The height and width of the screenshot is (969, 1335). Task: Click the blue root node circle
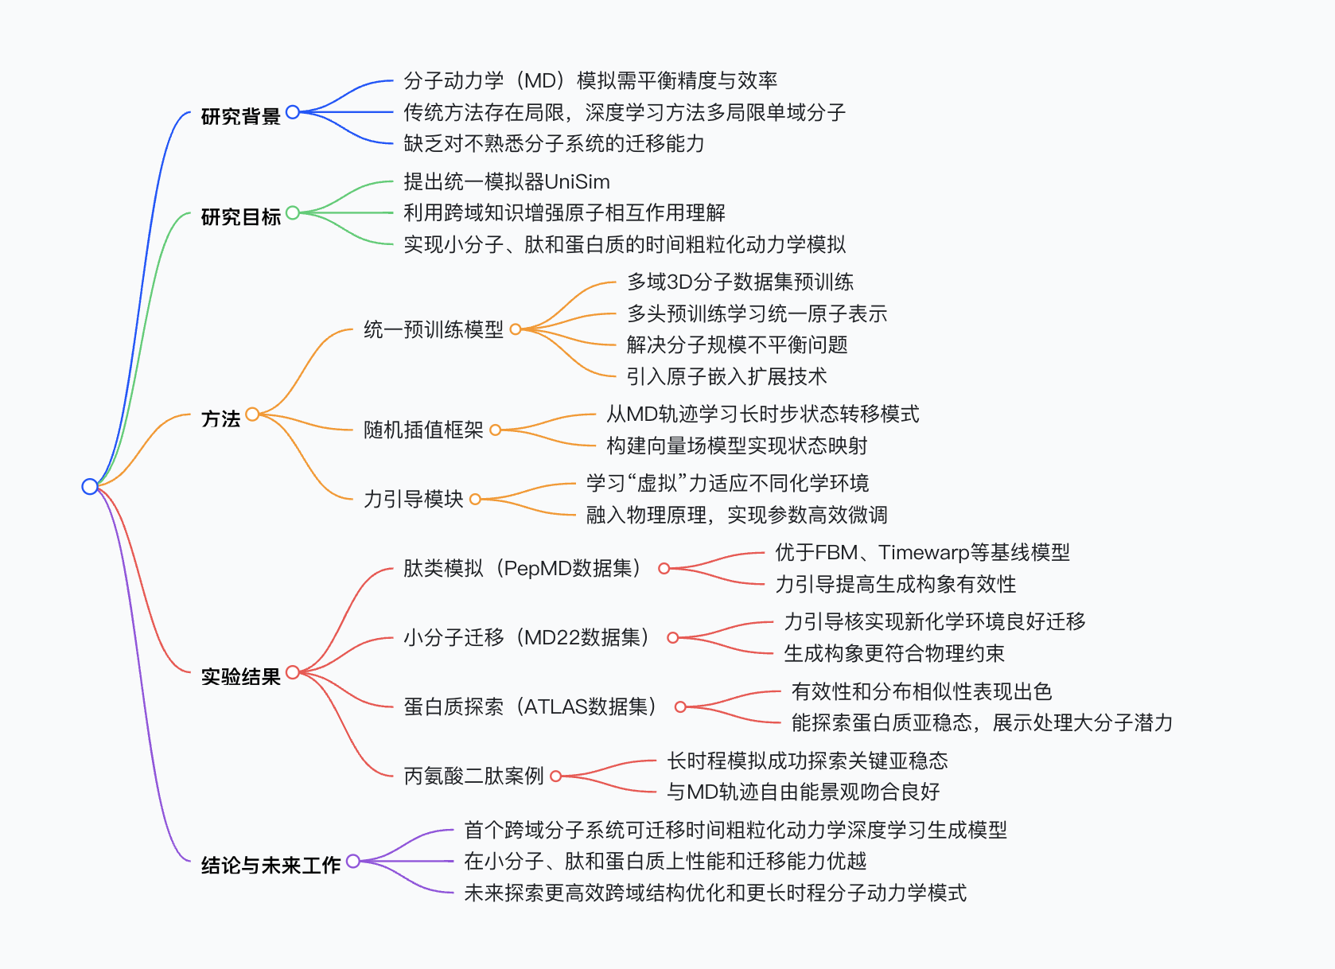(90, 486)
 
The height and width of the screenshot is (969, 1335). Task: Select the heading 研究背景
(241, 116)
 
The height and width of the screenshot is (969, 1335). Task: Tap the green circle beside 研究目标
(293, 212)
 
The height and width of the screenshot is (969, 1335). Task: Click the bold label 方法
(220, 419)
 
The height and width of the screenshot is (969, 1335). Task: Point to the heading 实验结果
(241, 677)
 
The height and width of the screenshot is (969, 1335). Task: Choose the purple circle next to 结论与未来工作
(353, 861)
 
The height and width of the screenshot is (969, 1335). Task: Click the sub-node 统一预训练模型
(434, 329)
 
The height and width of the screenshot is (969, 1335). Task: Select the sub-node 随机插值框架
(424, 430)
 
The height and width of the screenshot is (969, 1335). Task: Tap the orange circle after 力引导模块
(475, 500)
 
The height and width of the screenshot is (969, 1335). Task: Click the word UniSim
(578, 181)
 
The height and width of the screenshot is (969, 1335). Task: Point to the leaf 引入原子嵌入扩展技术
(726, 376)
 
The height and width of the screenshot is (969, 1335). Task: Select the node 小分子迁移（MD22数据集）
(527, 638)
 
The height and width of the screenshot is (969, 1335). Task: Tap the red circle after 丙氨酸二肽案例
(556, 776)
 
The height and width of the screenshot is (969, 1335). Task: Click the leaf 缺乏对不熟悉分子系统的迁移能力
(555, 144)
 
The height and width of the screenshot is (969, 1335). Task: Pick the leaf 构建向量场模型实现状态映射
(737, 446)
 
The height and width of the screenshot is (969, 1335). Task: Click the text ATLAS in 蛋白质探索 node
(556, 706)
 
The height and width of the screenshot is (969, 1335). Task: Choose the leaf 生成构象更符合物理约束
(894, 654)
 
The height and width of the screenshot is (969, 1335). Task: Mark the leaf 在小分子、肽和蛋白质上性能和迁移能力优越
(665, 861)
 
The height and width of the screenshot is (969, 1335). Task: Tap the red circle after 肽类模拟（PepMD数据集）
(664, 569)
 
